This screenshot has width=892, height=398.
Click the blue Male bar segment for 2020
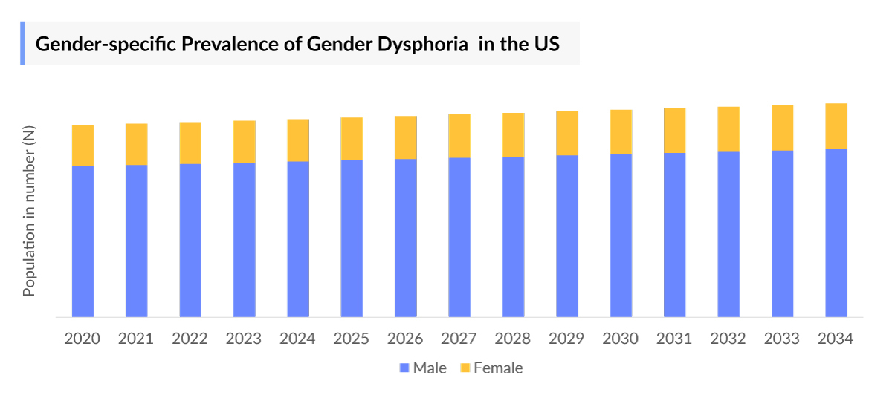[83, 241]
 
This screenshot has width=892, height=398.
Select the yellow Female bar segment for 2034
[836, 126]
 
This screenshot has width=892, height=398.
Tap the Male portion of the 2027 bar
[459, 238]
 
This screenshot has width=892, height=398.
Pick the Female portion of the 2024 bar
[298, 140]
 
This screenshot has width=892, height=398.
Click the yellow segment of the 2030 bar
[621, 131]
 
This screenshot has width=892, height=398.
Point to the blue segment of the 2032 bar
[728, 235]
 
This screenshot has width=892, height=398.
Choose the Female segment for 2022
[190, 143]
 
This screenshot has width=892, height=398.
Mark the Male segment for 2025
[352, 238]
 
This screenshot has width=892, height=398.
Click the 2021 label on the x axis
[136, 339]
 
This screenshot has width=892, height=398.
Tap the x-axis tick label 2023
[244, 339]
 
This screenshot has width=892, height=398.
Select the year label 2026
[405, 339]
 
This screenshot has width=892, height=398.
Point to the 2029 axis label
[566, 339]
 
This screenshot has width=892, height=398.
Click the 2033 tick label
[782, 339]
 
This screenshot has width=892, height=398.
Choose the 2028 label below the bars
[513, 339]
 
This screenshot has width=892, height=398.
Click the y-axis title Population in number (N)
[29, 212]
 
